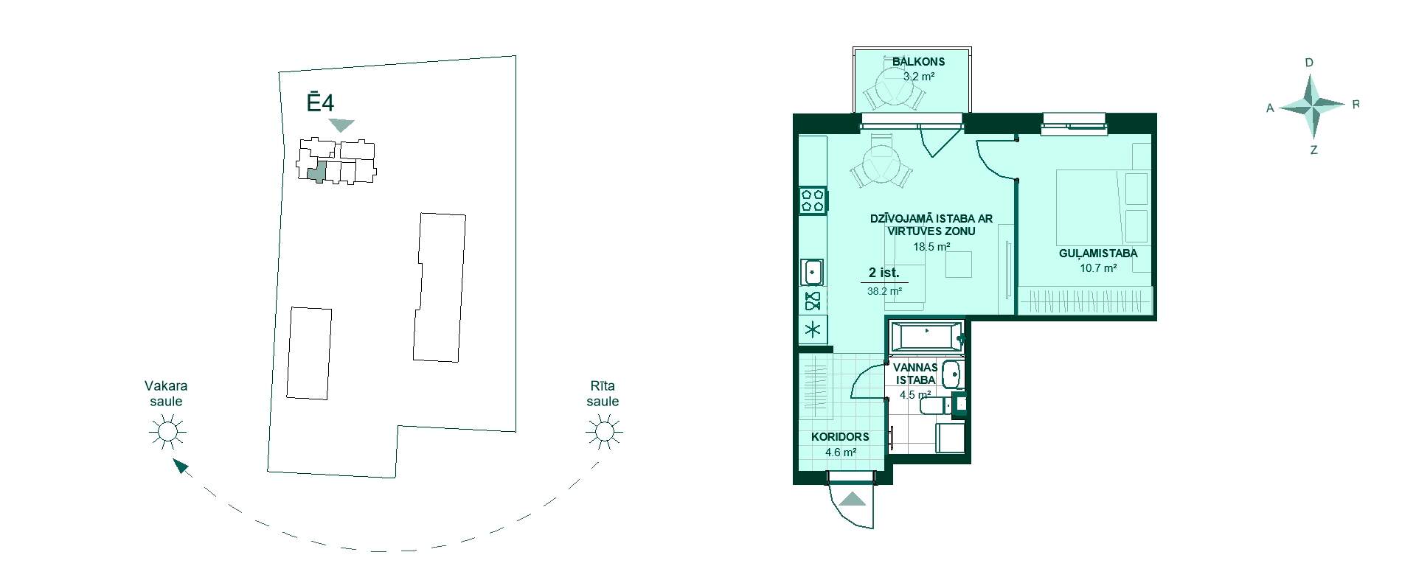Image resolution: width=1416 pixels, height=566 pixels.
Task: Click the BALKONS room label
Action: pyautogui.click(x=918, y=62)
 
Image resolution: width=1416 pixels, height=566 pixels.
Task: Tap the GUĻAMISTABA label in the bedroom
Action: pyautogui.click(x=1098, y=254)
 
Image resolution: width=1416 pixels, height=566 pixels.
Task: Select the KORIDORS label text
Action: pyautogui.click(x=840, y=437)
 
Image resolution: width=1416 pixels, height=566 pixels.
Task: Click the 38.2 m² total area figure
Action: pyautogui.click(x=884, y=291)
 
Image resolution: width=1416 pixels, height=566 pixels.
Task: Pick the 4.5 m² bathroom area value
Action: pyautogui.click(x=915, y=395)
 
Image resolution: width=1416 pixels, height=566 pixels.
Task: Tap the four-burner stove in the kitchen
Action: pyautogui.click(x=813, y=201)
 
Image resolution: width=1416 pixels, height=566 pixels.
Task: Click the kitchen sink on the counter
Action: pyautogui.click(x=813, y=272)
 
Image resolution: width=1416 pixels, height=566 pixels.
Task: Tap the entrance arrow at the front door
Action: pyautogui.click(x=853, y=499)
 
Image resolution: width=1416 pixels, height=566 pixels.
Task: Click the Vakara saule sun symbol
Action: pyautogui.click(x=167, y=432)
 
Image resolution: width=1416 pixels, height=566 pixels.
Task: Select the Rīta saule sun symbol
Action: pyautogui.click(x=603, y=432)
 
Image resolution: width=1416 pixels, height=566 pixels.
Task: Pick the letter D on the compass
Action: pyautogui.click(x=1309, y=63)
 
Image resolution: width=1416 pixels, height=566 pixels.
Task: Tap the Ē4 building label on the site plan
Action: pyautogui.click(x=321, y=101)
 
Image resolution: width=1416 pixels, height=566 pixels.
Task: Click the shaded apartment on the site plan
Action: pyautogui.click(x=316, y=171)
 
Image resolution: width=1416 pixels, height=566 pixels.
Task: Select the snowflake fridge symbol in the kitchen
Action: pyautogui.click(x=813, y=329)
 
